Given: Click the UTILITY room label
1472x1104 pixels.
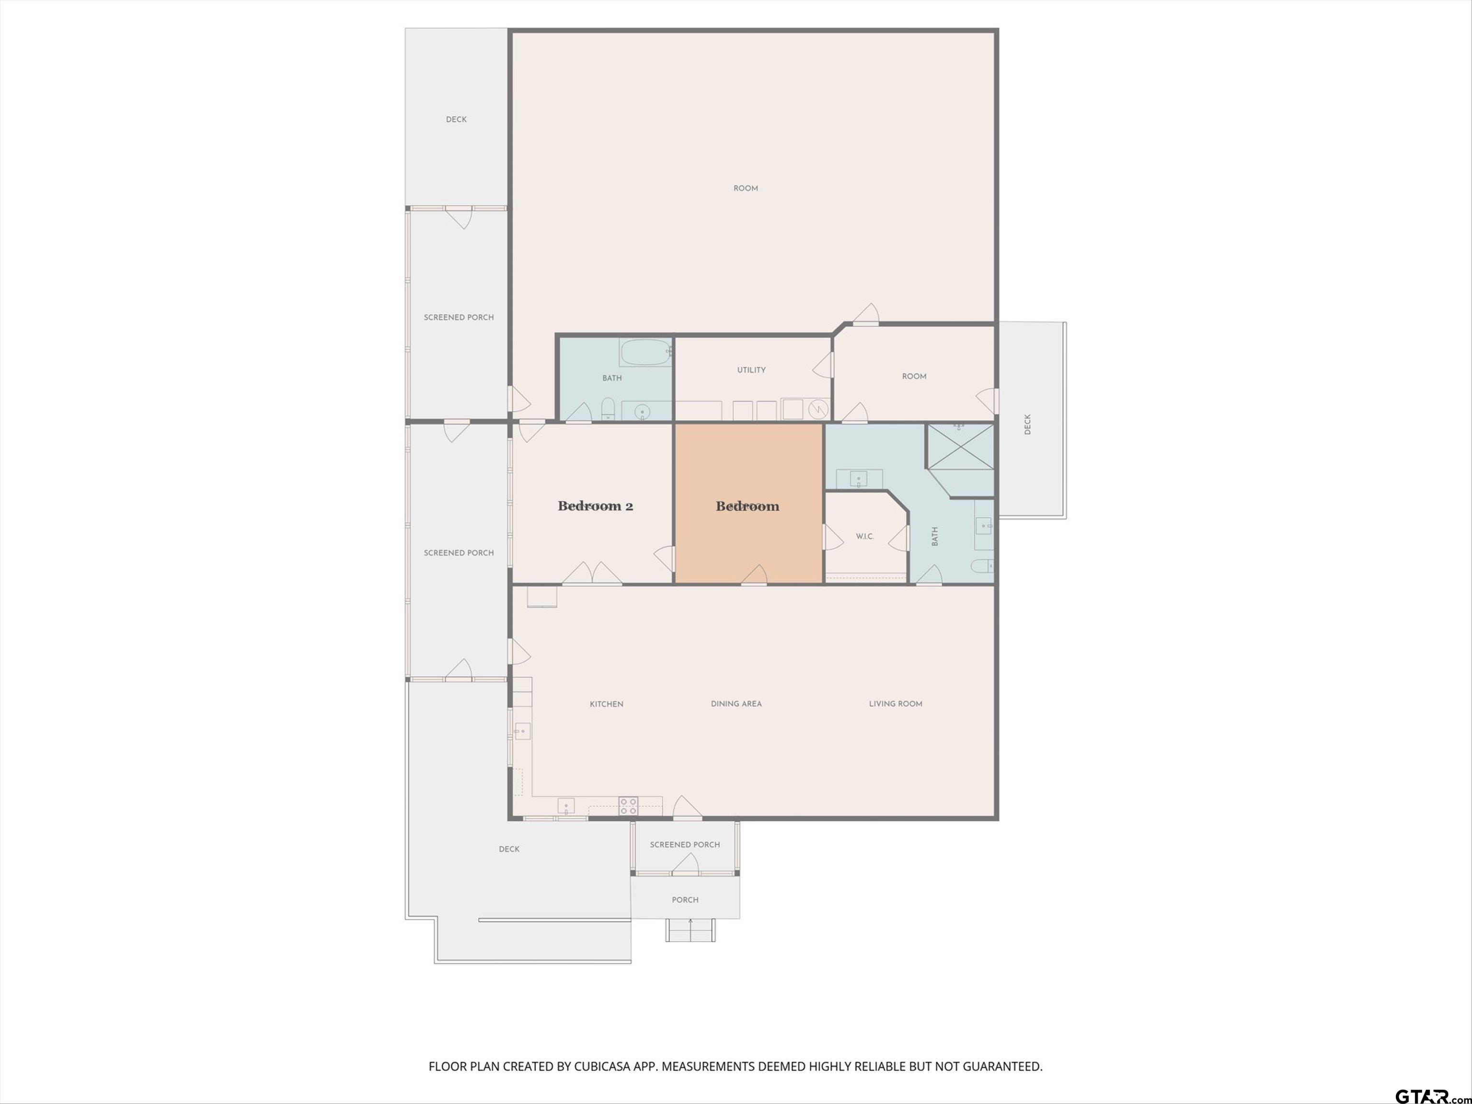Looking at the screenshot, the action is (x=751, y=370).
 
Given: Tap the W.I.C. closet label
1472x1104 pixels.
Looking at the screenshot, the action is (x=864, y=536).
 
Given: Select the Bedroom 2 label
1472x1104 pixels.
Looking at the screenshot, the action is (x=595, y=506).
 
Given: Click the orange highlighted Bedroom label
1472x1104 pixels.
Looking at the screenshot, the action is (x=747, y=506).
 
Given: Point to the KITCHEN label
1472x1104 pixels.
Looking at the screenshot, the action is (x=606, y=704).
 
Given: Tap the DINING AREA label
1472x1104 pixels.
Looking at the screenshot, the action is (x=736, y=703).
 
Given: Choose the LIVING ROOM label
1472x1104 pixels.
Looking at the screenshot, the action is (x=896, y=703).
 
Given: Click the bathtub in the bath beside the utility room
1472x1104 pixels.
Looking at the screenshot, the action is (x=645, y=352).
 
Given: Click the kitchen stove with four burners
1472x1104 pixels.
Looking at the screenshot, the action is (x=628, y=806).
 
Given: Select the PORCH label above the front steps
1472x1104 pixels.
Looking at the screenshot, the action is (x=685, y=900).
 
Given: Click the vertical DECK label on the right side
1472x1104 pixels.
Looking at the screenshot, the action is (x=1027, y=425).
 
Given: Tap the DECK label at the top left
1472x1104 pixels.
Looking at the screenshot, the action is (x=457, y=120).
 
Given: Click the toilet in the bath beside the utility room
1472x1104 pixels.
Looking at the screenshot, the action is (x=608, y=410).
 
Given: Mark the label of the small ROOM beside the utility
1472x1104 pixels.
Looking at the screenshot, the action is (x=914, y=377).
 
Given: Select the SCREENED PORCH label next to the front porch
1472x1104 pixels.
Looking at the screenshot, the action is (x=685, y=844).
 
